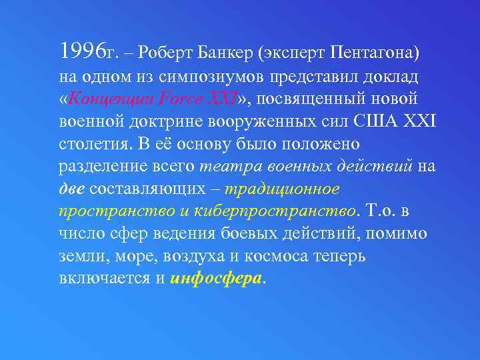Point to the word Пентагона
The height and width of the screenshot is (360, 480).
tap(373, 51)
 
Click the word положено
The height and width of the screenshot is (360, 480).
tap(317, 144)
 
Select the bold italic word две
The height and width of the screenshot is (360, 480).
tap(71, 189)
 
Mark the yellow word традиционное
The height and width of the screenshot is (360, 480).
tap(283, 189)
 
